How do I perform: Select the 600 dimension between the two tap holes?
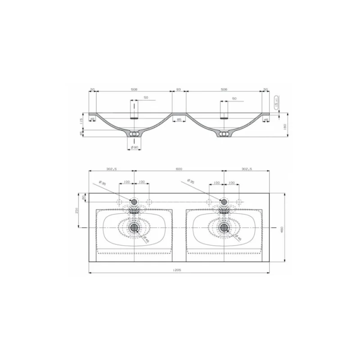(179, 169)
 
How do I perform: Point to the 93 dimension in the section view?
(179, 90)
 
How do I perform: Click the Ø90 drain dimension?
(134, 147)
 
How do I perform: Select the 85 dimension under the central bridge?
(179, 119)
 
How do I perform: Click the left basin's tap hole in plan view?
(134, 201)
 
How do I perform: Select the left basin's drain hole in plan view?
(134, 227)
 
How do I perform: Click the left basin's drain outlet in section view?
(134, 134)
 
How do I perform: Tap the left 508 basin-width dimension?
(134, 90)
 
